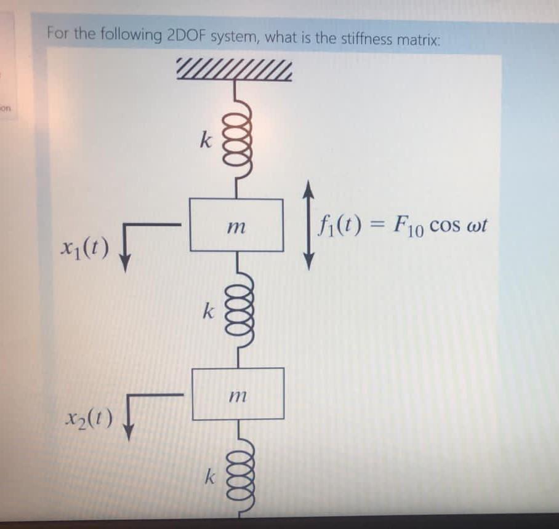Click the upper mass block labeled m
pyautogui.click(x=236, y=225)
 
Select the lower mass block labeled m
pyautogui.click(x=238, y=394)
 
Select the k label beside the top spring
pyautogui.click(x=206, y=141)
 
